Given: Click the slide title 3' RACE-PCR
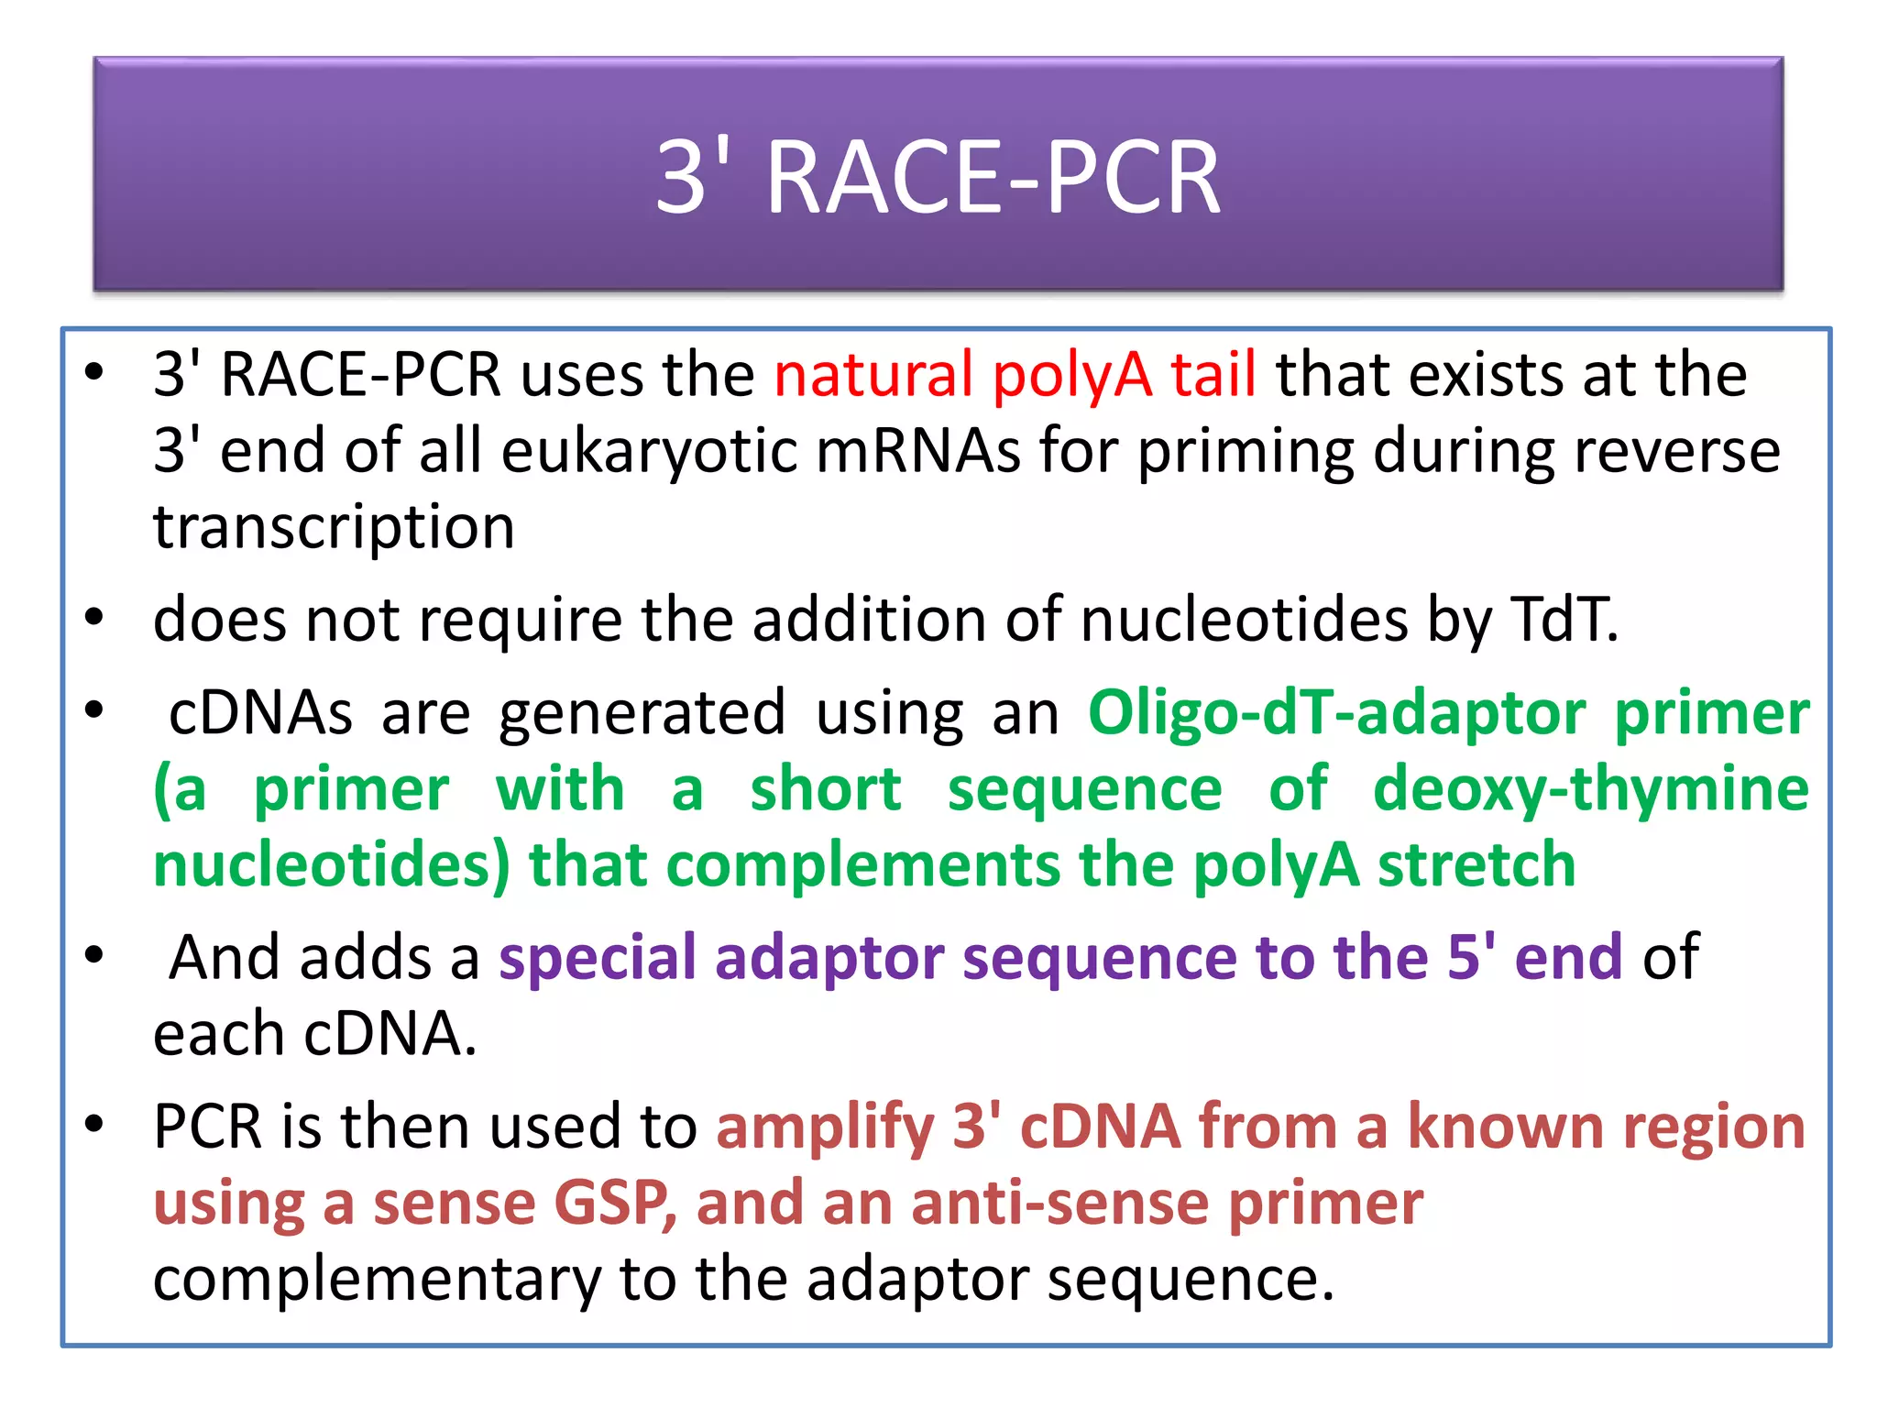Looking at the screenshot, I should tap(938, 177).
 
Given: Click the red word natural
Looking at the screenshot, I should tap(873, 375).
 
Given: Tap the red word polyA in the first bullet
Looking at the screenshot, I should tap(1071, 375).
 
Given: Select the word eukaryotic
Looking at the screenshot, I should tap(650, 451).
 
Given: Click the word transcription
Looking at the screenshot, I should tap(334, 528).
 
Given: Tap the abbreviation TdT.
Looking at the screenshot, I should tap(1564, 620).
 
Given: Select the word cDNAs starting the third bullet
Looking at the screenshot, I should tap(261, 713).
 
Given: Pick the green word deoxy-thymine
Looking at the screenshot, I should tap(1590, 789).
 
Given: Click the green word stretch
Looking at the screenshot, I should tap(1476, 865).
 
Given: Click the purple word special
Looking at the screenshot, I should tap(597, 958).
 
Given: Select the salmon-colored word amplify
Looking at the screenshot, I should tap(824, 1127).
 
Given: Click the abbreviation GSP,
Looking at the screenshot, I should tap(615, 1203).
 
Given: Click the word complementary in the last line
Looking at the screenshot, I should tap(377, 1279).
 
